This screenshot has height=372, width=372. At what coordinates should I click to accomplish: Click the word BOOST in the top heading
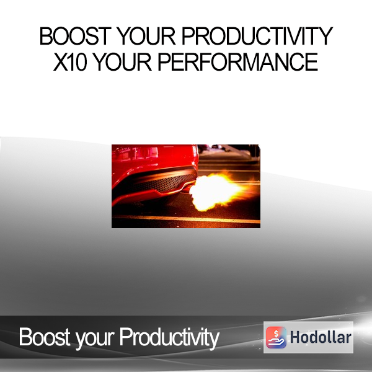tap(75, 36)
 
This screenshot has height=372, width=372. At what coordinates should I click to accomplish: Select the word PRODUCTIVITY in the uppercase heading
tap(257, 36)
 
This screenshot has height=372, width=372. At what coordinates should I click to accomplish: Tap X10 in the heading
tap(70, 61)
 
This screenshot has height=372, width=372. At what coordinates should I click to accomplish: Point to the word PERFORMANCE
tap(237, 61)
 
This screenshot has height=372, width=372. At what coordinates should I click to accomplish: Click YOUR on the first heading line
tap(146, 36)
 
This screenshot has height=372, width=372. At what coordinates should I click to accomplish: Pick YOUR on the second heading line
tap(122, 61)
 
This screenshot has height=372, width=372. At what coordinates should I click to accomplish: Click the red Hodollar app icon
tap(276, 337)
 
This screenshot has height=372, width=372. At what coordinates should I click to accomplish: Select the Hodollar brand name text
tap(321, 337)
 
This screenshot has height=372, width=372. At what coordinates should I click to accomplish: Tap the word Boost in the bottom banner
tap(45, 337)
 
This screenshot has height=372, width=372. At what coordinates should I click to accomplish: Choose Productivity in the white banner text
tap(169, 339)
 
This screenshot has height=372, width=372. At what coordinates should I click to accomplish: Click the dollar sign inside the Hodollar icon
tap(276, 334)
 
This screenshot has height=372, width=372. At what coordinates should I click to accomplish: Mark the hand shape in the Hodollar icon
tap(276, 342)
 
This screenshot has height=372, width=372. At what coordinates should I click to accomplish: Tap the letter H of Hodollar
tap(294, 337)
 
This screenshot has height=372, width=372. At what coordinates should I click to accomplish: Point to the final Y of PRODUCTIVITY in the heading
tap(325, 36)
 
